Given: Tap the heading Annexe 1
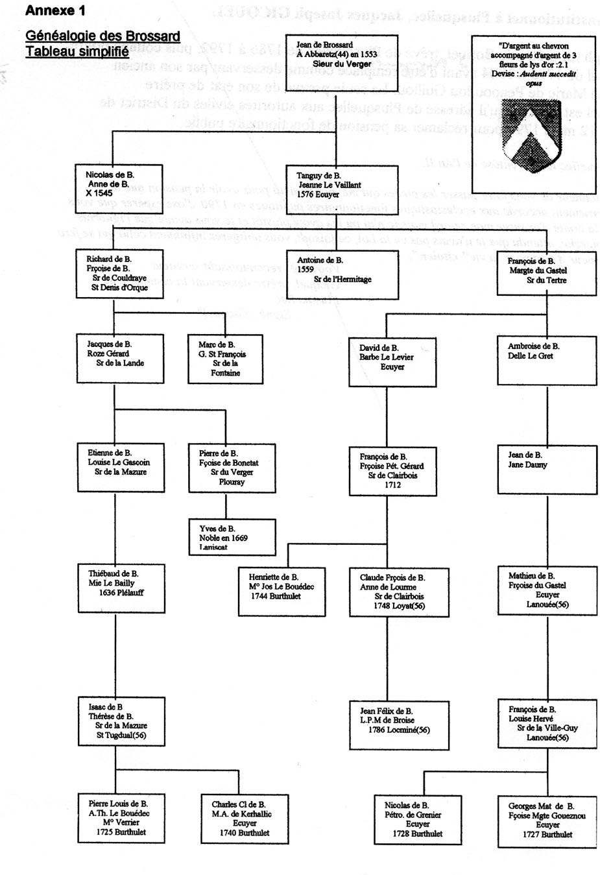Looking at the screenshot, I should pyautogui.click(x=54, y=11).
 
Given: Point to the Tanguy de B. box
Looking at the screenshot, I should pyautogui.click(x=333, y=186).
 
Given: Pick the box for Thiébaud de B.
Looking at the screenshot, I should pyautogui.click(x=117, y=587).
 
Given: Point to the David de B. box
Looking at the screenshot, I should pyautogui.click(x=392, y=360).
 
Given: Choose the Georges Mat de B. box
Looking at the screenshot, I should pyautogui.click(x=547, y=820).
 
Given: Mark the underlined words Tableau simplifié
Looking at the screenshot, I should pyautogui.click(x=77, y=51).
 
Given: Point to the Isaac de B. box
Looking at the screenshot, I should pyautogui.click(x=117, y=721).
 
